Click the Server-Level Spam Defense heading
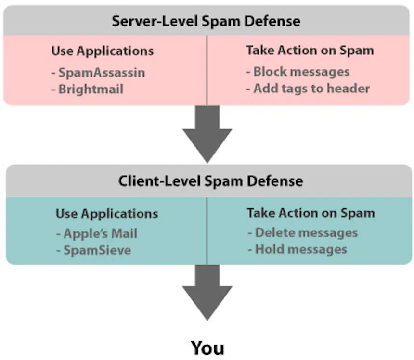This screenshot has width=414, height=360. [x=206, y=21]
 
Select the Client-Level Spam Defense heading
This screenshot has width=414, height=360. [x=211, y=181]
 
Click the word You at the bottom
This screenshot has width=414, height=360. [x=207, y=347]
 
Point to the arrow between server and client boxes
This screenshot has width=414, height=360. [x=207, y=132]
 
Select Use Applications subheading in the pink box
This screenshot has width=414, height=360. [x=102, y=51]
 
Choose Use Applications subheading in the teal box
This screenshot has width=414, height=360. [x=106, y=213]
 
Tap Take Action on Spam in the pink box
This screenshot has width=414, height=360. [x=310, y=50]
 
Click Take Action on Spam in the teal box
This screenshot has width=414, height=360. [x=311, y=213]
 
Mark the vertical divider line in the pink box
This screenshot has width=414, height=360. [x=207, y=70]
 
